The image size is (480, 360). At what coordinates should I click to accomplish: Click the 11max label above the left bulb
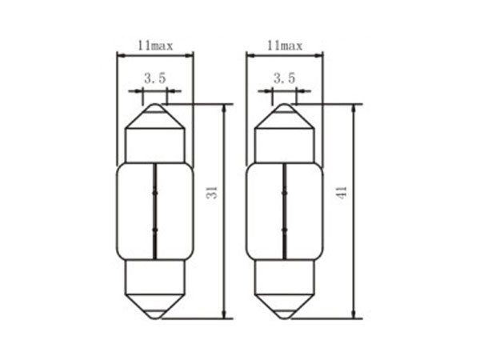155,46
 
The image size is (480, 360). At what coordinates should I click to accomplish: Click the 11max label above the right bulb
285,46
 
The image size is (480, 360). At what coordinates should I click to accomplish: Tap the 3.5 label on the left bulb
155,78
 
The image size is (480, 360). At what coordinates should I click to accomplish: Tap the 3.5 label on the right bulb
284,78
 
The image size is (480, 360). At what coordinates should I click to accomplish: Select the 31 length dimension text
211,193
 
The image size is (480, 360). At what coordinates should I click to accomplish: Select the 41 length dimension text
342,193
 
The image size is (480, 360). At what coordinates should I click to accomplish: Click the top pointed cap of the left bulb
155,116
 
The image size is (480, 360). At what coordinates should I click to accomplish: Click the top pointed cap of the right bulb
285,116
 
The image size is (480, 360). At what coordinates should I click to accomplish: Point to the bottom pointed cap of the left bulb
155,306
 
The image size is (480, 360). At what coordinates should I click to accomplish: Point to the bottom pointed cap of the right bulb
285,306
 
